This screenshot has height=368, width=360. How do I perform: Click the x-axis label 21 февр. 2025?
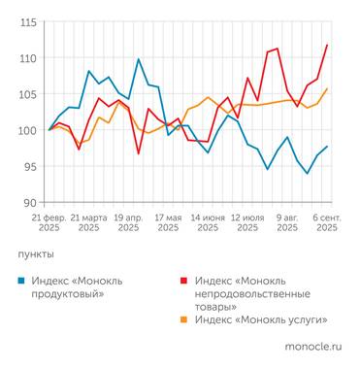point(49,222)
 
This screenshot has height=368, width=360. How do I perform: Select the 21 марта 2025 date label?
point(88,222)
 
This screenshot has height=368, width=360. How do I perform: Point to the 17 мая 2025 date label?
point(168,222)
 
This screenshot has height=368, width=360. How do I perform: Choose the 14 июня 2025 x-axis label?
point(208,222)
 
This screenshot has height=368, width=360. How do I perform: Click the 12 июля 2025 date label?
point(247,222)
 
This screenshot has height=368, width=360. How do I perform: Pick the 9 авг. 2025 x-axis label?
point(287,222)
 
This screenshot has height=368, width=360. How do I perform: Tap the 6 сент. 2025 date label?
point(325,222)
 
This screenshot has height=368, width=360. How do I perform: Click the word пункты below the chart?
point(37,253)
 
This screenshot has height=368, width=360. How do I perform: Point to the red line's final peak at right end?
point(327,45)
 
